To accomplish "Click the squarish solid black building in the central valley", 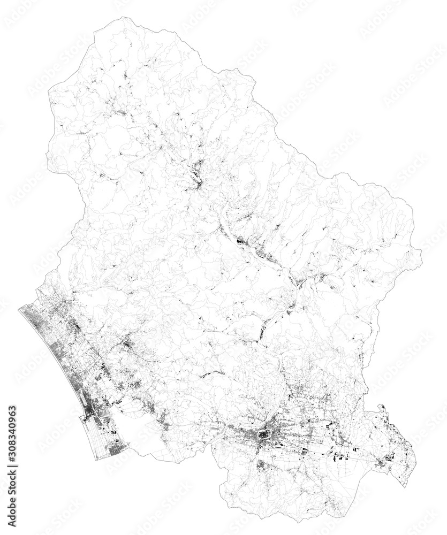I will pyautogui.click(x=239, y=242).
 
